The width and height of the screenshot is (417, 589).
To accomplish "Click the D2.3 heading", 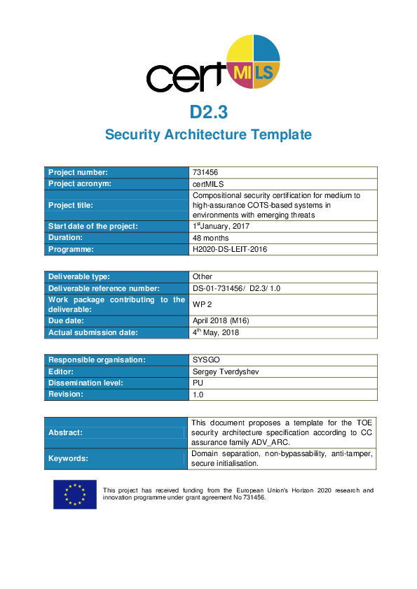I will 208,112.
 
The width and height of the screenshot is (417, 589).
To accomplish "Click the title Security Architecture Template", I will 208,134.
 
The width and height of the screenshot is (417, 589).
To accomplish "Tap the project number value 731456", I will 205,172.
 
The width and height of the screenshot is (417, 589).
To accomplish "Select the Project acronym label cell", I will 117,183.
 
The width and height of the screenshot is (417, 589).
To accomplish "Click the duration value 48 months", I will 210,238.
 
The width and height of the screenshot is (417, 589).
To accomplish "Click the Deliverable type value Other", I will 203,276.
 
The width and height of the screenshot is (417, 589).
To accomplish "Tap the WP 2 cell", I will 202,304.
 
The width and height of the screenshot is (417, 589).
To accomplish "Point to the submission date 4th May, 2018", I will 216,332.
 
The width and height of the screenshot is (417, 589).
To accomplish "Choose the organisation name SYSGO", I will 206,360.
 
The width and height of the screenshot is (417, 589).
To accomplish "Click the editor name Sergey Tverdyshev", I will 226,371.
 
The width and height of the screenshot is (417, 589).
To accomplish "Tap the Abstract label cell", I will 117,432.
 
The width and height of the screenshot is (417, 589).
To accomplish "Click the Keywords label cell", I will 117,459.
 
